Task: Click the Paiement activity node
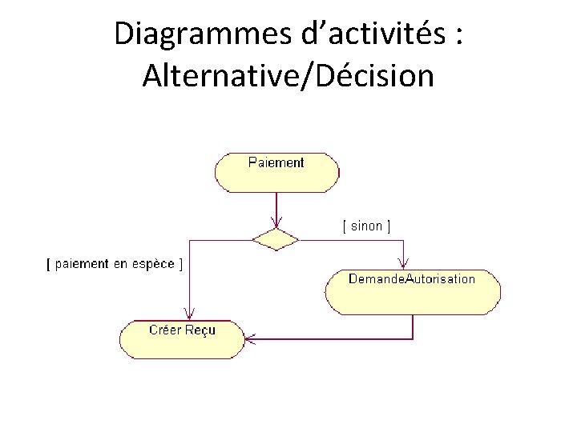(276, 172)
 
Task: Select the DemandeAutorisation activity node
(413, 292)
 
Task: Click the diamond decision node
(276, 238)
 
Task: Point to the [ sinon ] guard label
(366, 226)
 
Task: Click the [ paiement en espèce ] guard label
(113, 264)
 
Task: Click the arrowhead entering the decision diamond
(276, 223)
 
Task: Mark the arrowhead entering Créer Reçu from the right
(250, 338)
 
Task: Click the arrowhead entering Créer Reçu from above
(189, 314)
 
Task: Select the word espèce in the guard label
(153, 264)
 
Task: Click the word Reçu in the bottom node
(200, 330)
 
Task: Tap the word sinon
(366, 226)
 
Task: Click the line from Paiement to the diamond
(276, 206)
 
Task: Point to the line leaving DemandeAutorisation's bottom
(413, 326)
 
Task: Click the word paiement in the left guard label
(81, 264)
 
